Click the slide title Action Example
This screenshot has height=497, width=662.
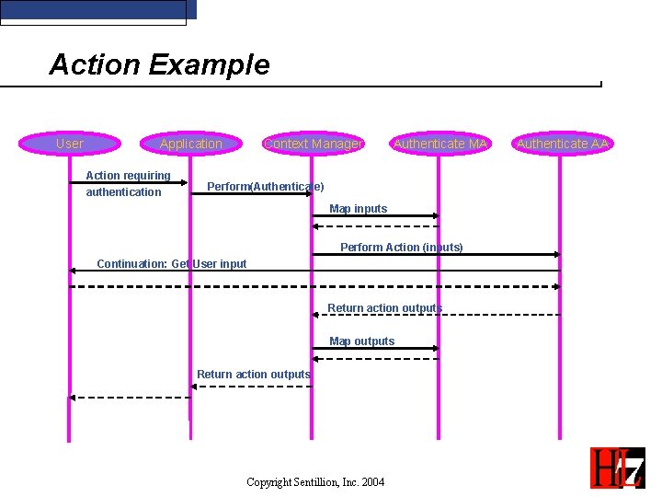click(x=159, y=65)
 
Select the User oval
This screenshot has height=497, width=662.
click(x=70, y=144)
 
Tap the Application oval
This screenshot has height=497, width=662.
click(x=190, y=144)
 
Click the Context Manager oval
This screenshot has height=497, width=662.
click(x=313, y=144)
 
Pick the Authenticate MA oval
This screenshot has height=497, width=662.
click(x=439, y=144)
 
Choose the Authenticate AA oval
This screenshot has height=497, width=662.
click(x=562, y=144)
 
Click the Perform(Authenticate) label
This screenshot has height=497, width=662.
click(x=265, y=187)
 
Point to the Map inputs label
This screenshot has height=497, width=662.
click(x=358, y=209)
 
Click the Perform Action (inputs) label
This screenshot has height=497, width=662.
click(x=401, y=248)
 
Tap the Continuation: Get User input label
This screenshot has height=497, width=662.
click(x=172, y=264)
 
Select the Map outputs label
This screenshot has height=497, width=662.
click(x=361, y=341)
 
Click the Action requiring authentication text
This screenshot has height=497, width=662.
click(x=127, y=184)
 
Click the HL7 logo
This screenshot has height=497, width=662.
click(x=617, y=468)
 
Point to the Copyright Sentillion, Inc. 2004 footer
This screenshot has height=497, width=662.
click(x=315, y=482)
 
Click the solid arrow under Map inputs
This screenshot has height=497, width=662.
click(x=375, y=216)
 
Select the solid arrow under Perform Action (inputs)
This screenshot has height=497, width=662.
click(x=437, y=254)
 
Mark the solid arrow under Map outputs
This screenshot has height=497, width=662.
click(x=375, y=348)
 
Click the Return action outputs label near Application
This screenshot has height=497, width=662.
click(x=253, y=375)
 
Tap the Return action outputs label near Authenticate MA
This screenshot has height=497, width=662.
click(x=384, y=308)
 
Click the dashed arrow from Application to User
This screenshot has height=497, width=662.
click(x=130, y=398)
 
